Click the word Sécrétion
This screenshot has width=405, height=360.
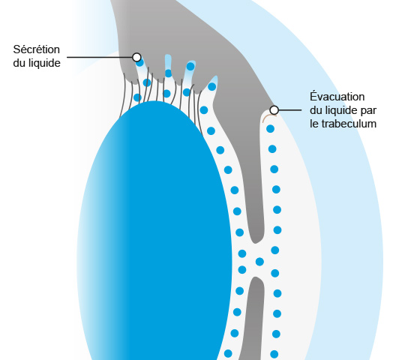tap(37, 49)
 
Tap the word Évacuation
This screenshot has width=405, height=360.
tap(337, 96)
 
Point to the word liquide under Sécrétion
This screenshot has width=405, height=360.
tap(44, 63)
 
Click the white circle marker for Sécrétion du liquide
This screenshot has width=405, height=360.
tap(136, 57)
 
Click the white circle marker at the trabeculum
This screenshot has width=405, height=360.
tap(274, 110)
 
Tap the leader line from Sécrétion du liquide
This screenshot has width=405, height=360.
tap(100, 57)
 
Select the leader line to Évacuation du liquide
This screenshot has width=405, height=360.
tap(289, 110)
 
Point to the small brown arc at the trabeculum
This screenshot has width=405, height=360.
tap(268, 117)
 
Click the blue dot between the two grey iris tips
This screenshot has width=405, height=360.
tap(259, 262)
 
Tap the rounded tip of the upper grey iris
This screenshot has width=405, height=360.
tap(256, 240)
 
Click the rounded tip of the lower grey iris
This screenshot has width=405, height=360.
tap(256, 279)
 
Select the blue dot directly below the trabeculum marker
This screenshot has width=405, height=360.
tap(270, 128)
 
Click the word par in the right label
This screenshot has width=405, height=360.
tap(369, 111)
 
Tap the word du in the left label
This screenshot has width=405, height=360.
tap(19, 63)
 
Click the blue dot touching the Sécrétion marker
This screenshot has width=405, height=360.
tap(139, 63)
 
